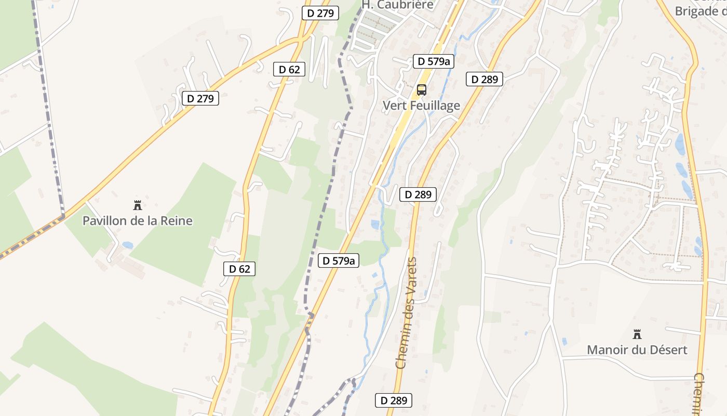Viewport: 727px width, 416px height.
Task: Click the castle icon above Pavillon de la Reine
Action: coord(138,205)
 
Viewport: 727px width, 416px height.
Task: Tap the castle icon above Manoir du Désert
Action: coord(637,334)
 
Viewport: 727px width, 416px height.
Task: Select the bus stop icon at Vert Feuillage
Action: coord(422,90)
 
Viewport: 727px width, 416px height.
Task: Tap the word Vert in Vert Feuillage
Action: coord(394,106)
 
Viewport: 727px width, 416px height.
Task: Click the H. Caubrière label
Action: coord(397,5)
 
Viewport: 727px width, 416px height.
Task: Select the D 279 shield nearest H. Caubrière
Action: coord(320,13)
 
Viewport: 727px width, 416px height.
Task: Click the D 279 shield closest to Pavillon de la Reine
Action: coord(200,98)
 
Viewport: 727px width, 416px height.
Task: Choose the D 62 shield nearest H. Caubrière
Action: coord(289,69)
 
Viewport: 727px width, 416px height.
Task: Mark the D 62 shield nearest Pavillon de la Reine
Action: coord(239,269)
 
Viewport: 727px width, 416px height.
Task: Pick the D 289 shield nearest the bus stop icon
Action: coord(484,79)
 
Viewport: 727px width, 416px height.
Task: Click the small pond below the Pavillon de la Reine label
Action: coord(128,245)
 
